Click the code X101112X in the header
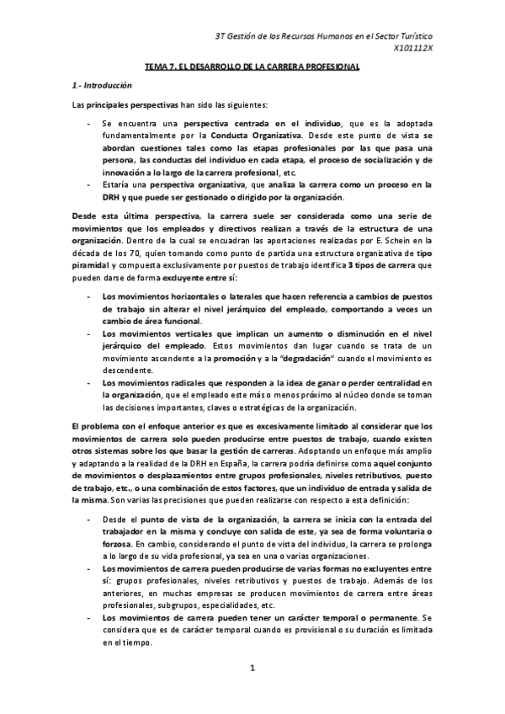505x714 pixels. pos(413,50)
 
